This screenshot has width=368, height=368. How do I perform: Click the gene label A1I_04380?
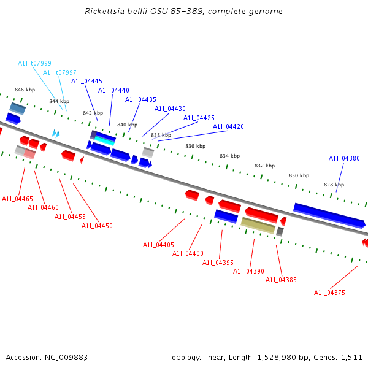tap(344, 158)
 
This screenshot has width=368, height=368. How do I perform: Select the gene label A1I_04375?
tap(329, 293)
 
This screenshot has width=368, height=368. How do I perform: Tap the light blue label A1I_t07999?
tap(34, 63)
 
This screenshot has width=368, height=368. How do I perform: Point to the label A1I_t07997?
tap(59, 72)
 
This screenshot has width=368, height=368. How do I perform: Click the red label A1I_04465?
tap(17, 199)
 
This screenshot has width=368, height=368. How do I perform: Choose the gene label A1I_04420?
tap(228, 126)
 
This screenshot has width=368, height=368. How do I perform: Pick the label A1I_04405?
tap(158, 245)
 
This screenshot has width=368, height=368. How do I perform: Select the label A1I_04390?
tap(248, 271)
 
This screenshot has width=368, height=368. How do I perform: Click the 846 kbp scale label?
tap(25, 90)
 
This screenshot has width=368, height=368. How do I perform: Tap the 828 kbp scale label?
tap(334, 185)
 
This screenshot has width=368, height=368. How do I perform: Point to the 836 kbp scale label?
tap(195, 146)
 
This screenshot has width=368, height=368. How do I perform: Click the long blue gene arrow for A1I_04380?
tap(329, 215)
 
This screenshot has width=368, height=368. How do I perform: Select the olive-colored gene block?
tap(258, 225)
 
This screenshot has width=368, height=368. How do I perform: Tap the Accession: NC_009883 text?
tap(47, 357)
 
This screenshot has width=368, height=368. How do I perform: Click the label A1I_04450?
tap(97, 226)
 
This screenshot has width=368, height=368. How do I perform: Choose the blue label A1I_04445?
tap(86, 81)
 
